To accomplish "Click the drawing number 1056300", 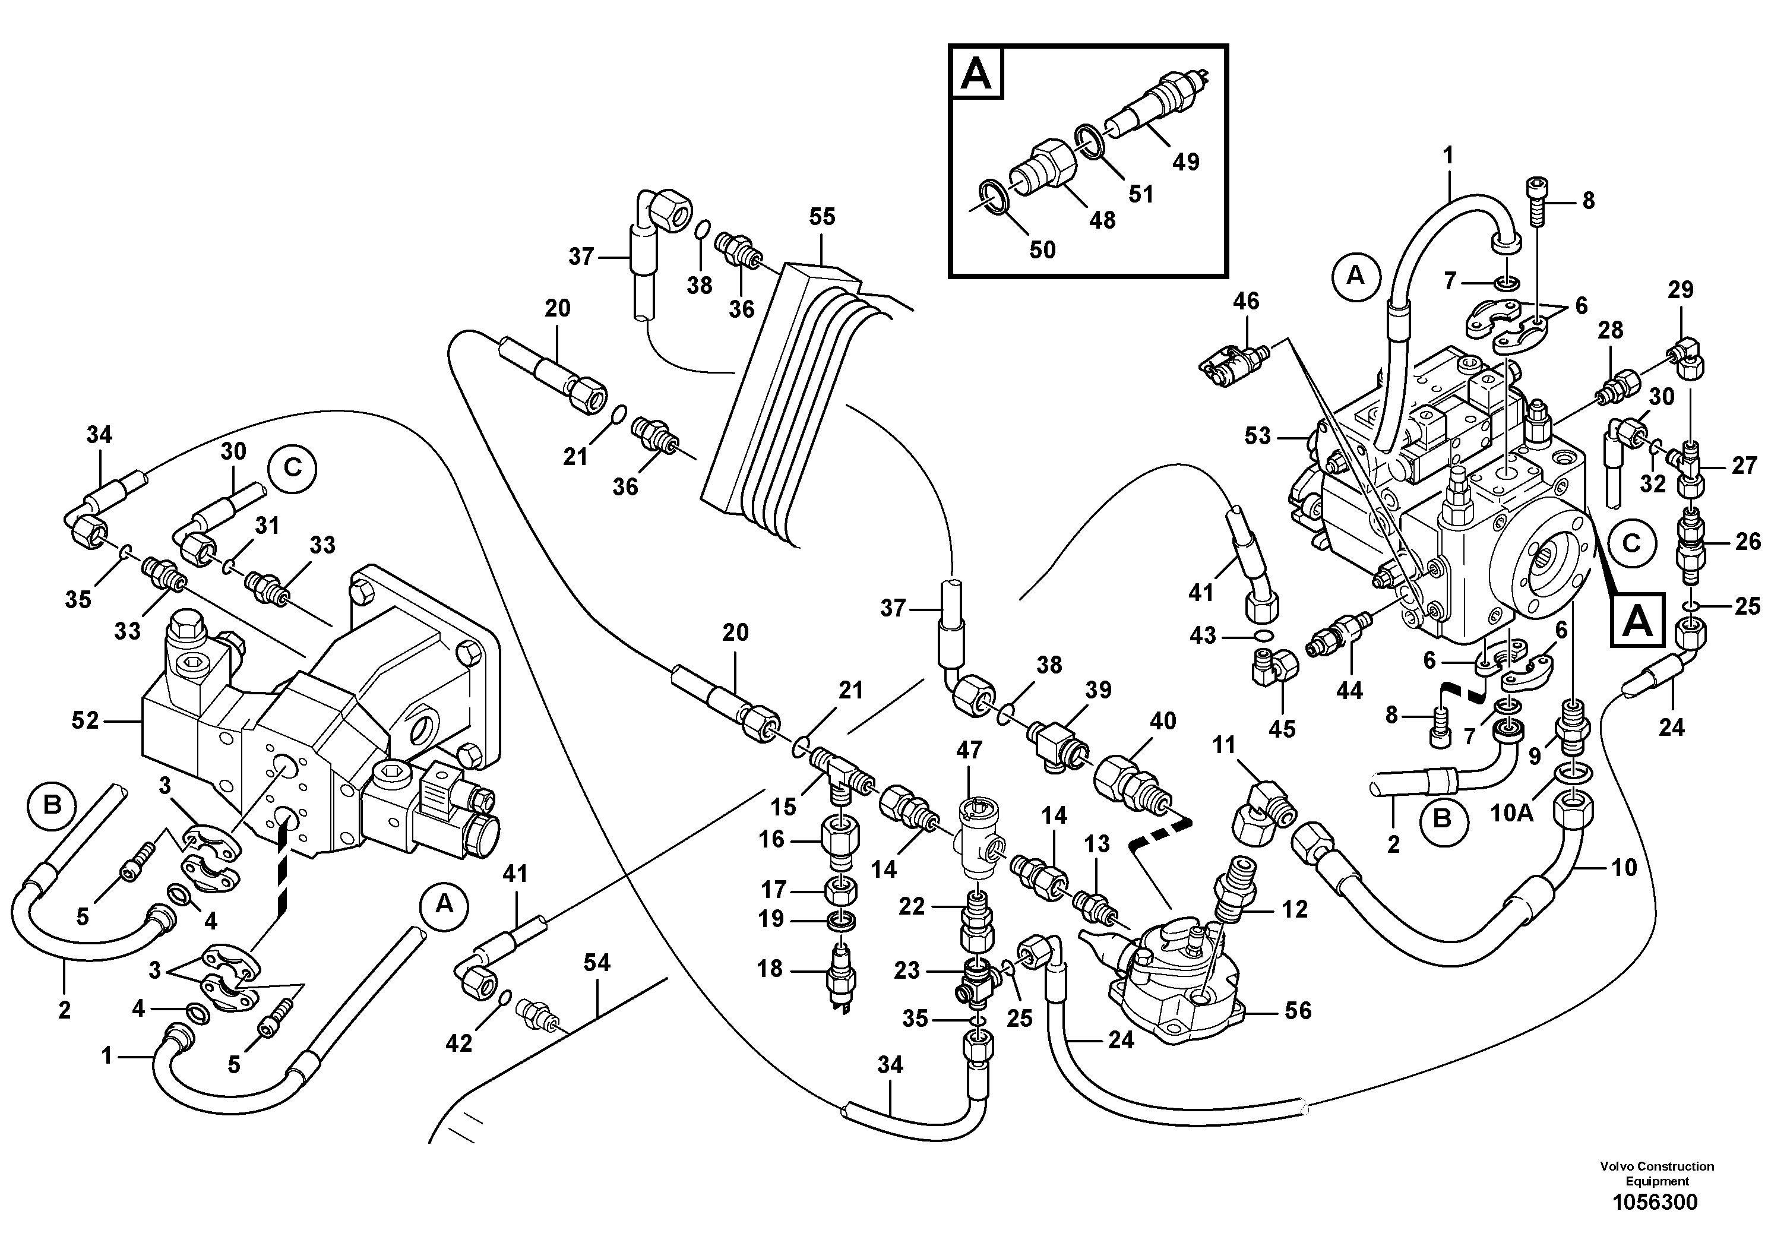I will coord(1655,1202).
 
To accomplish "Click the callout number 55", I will coord(821,217).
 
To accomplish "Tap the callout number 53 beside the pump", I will coord(1257,437).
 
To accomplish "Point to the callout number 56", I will coord(1298,1010).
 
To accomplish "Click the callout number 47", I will coord(969,750).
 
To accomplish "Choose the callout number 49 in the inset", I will coord(1186,162).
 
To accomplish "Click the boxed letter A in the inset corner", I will coord(977,74).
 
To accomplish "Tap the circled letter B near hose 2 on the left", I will coord(52,805).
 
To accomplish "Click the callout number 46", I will coord(1245,301).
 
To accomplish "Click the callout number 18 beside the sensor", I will coord(769,969).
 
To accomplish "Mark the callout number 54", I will coord(597,963).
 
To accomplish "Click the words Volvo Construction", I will coord(1656,1166).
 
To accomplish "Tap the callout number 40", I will coord(1163,722).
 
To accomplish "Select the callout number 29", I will coord(1680,290).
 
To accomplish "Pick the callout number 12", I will coord(1295,909).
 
